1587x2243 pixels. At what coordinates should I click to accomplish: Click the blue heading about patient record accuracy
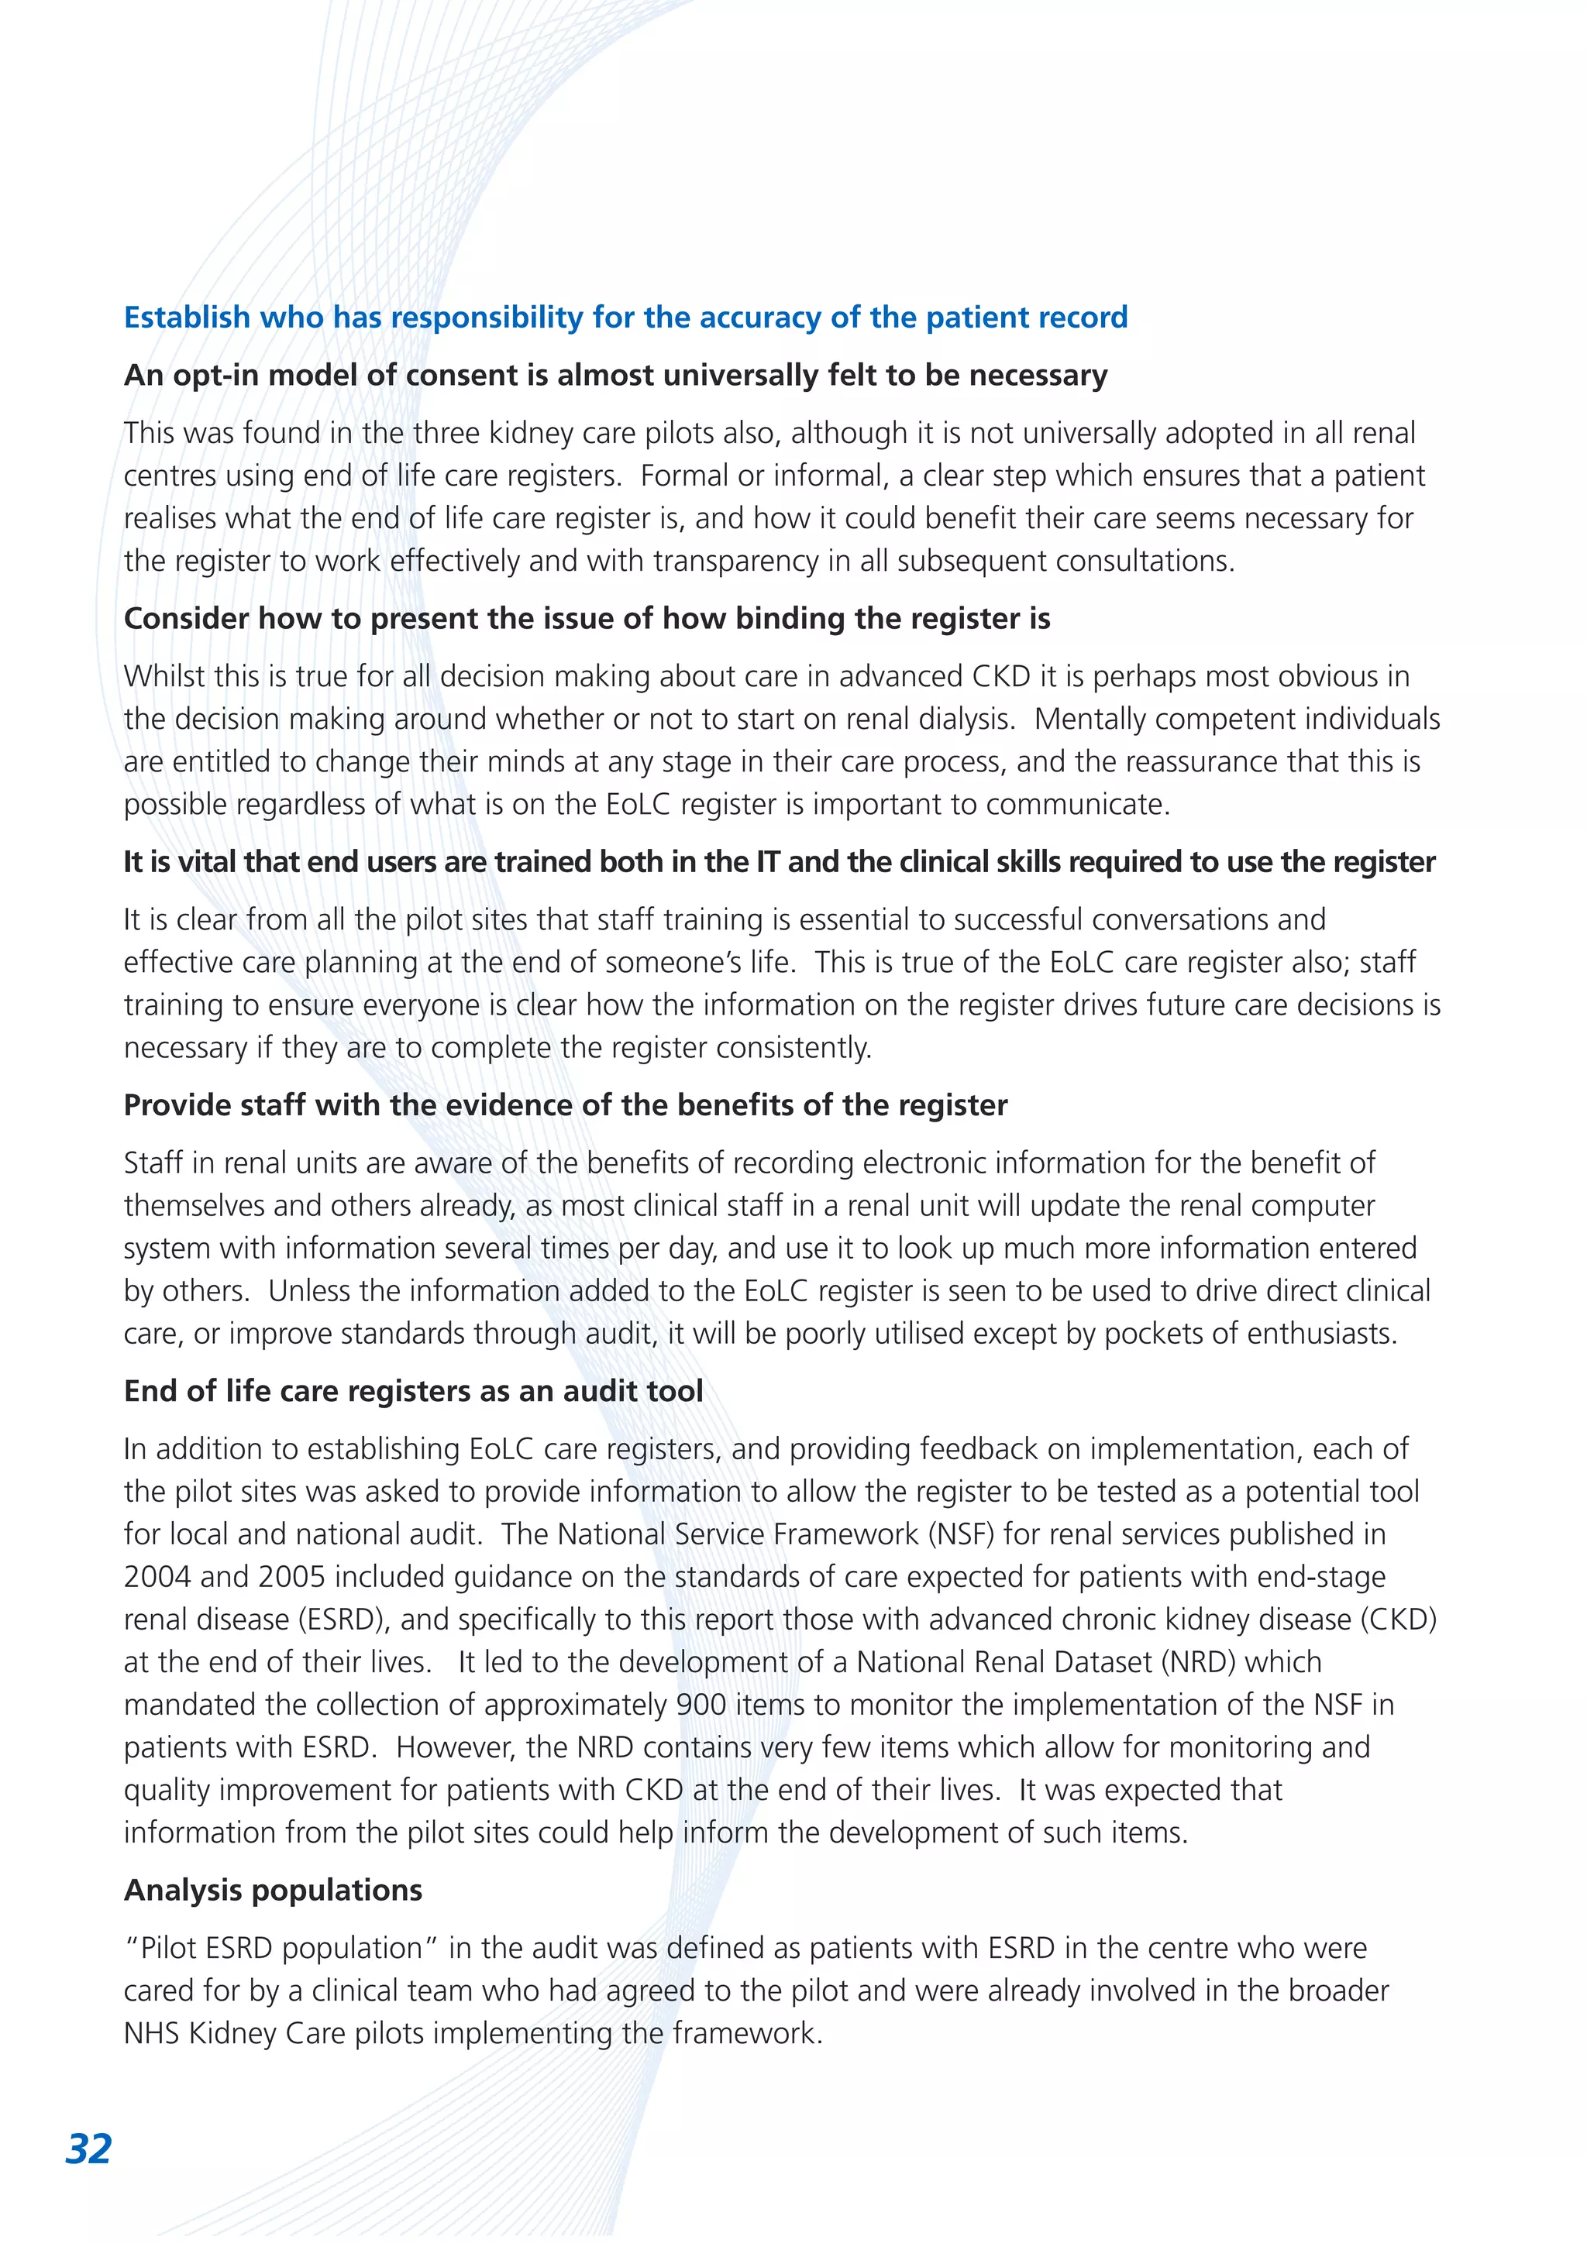click(x=625, y=318)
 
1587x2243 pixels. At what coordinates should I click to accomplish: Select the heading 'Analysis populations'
click(x=273, y=1891)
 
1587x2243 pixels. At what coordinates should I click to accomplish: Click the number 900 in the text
click(x=701, y=1705)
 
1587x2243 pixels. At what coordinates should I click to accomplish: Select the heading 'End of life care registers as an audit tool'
click(x=413, y=1391)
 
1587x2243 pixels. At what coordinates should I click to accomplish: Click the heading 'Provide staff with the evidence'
click(x=565, y=1105)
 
